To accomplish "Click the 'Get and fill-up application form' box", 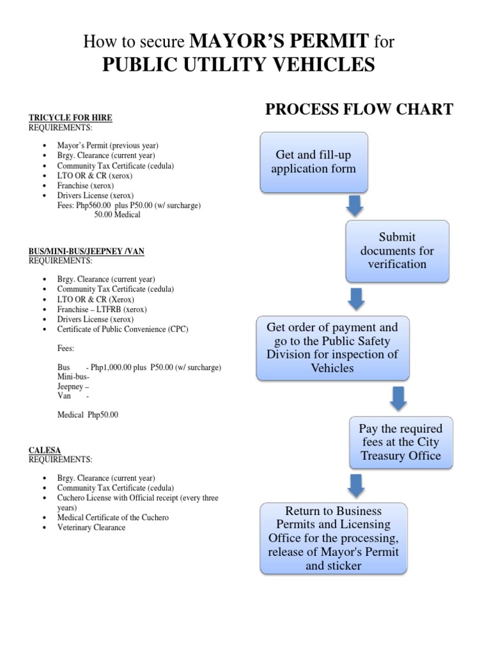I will pos(314,162).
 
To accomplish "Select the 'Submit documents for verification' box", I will pos(397,251).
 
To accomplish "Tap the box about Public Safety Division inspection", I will pos(332,348).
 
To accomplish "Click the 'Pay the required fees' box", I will pos(400,442).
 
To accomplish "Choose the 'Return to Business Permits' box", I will pos(333,538).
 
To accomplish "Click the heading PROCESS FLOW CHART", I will pos(359,110).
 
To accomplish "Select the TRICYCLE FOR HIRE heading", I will pos(70,118).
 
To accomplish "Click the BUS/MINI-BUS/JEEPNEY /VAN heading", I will pos(86,252).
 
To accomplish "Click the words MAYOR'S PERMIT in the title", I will pos(279,42).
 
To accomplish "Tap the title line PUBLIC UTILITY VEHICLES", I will pos(239,65).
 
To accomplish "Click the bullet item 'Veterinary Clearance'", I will pos(91,527).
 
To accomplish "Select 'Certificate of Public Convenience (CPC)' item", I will pos(123,329).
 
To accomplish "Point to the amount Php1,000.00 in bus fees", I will pos(112,368).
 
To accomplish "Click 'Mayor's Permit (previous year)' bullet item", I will pos(108,145).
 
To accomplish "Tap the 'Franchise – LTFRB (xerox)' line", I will pos(102,309).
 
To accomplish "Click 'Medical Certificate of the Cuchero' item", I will pos(113,518).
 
